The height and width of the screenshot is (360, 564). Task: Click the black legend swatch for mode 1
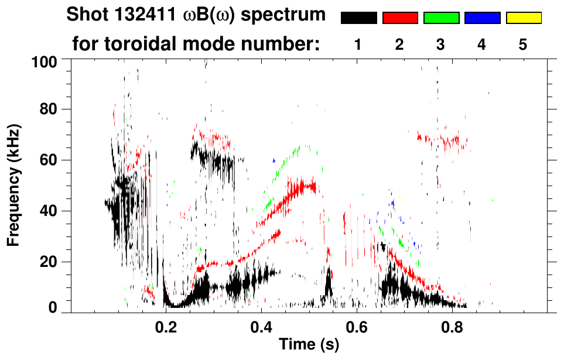359,18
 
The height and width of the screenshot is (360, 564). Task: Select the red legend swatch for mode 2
400,18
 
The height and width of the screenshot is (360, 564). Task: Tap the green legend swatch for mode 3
441,18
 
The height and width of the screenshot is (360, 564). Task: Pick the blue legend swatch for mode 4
483,18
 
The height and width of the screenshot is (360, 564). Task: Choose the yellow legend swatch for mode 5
524,18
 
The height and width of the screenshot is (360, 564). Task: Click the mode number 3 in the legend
440,44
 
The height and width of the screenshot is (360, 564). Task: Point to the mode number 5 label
523,44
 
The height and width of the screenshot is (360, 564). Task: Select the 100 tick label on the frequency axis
44,61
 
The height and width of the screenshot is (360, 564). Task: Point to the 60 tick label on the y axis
48,160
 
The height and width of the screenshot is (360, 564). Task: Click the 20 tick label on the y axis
48,262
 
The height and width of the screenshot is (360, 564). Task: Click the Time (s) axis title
309,345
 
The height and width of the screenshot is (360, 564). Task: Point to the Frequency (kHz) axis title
14,185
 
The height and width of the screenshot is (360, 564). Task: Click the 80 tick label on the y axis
48,109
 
